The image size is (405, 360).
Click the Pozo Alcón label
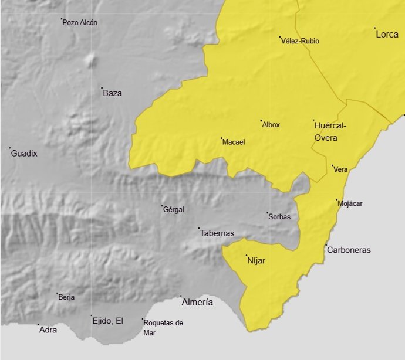(80, 23)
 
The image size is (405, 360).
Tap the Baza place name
(112, 93)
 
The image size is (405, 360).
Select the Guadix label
(25, 154)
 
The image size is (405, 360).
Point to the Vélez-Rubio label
(301, 41)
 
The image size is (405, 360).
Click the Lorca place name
(387, 35)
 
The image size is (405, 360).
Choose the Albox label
(271, 125)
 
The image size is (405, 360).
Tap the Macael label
(234, 142)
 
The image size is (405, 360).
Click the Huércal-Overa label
(330, 131)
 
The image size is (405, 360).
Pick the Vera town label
(341, 169)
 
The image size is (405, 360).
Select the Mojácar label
(350, 203)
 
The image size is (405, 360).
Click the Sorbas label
(279, 217)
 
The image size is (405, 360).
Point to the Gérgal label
(174, 209)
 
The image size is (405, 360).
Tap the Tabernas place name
(217, 233)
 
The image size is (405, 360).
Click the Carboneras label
(349, 250)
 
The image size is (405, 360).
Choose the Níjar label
(257, 261)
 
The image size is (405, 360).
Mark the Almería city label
(197, 303)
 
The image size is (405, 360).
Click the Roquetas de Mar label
(163, 328)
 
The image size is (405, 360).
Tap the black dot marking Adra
(39, 324)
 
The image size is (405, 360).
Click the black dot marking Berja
(57, 294)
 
